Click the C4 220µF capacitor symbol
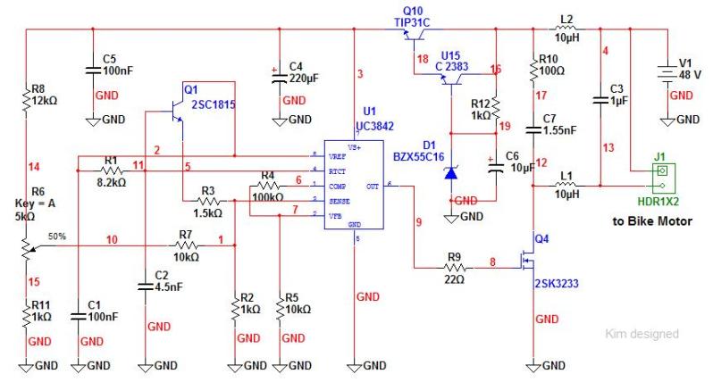pos(280,75)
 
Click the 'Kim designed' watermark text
pos(641,334)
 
